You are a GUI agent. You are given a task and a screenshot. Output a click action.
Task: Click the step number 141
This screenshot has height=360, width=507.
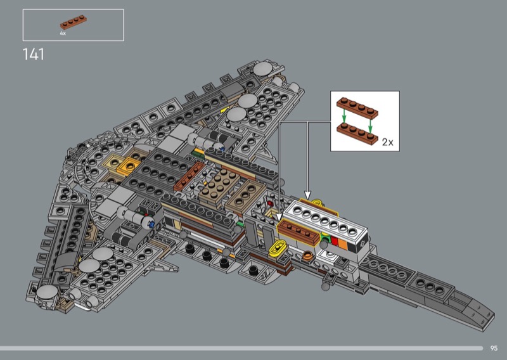(34, 55)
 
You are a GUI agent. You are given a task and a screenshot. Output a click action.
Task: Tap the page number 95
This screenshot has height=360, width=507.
(494, 348)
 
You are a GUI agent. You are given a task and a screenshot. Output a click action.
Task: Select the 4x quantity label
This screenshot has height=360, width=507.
(63, 34)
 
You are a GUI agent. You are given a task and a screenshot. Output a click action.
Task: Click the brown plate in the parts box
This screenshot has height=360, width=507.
(74, 22)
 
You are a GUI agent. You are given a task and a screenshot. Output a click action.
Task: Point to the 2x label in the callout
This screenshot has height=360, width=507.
(388, 142)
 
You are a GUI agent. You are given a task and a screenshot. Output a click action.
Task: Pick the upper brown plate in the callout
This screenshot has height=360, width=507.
(357, 108)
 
